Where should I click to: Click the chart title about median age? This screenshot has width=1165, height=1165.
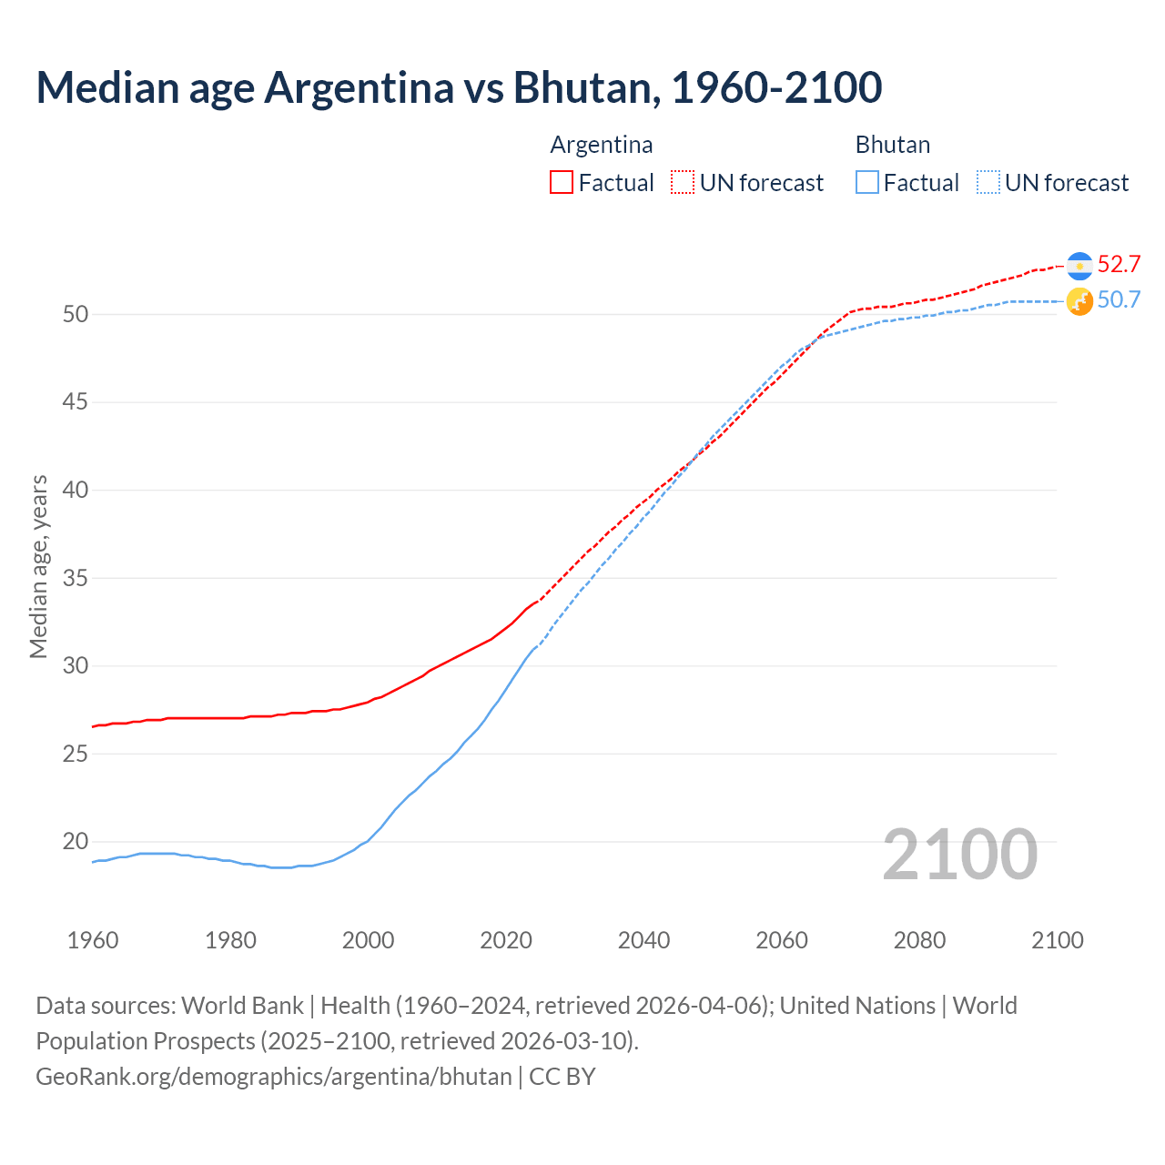pos(459,87)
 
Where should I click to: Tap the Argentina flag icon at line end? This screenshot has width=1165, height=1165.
pos(1079,265)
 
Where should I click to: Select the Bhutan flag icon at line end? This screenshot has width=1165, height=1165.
pos(1079,301)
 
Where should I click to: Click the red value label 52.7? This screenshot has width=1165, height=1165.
pos(1119,264)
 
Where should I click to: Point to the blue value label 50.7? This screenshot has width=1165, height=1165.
pos(1119,299)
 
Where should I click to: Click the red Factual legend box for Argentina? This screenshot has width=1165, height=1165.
pos(562,183)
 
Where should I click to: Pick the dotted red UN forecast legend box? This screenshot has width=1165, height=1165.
pos(683,183)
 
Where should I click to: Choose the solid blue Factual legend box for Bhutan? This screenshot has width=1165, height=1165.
pos(867,183)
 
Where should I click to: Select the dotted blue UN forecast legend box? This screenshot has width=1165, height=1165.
pos(988,183)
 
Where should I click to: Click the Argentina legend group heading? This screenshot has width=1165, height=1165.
pos(602,145)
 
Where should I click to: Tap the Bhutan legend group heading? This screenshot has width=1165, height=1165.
pos(893,145)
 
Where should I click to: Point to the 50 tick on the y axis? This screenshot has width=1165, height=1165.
pos(76,315)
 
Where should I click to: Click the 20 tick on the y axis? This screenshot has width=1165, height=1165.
pos(76,842)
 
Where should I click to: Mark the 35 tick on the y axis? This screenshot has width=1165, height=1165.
pos(76,578)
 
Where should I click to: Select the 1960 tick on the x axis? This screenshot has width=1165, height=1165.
pos(93,940)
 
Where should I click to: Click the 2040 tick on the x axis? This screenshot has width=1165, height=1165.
pos(643,940)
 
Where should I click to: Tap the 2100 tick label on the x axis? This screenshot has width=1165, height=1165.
pos(1057,940)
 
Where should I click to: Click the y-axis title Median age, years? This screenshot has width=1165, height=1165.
pos(38,566)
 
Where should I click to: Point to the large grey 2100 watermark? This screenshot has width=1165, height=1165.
pos(960,854)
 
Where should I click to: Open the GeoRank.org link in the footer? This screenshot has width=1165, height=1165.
pos(274,1077)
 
